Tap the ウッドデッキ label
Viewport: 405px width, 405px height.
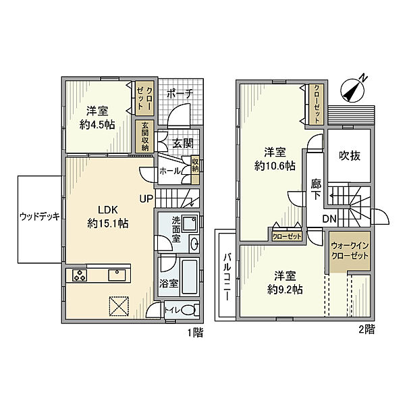(x=40, y=216)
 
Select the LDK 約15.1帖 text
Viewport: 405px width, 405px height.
(x=108, y=217)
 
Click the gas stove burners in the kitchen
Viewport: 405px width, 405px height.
(x=80, y=275)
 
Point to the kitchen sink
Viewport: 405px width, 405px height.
(x=117, y=275)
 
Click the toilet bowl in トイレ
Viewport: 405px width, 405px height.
(x=189, y=310)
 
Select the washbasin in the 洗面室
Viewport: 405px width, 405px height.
(x=194, y=243)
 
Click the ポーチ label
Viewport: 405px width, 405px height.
(x=180, y=94)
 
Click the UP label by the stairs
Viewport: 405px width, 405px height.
(x=146, y=198)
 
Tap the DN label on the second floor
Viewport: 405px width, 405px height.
(x=329, y=219)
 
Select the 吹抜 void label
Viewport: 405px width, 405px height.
(x=349, y=156)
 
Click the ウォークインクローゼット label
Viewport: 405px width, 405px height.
(x=350, y=250)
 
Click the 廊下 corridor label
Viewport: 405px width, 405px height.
(x=316, y=190)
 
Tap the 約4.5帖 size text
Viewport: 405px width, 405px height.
(x=97, y=125)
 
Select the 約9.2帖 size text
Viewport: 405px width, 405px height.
(x=285, y=290)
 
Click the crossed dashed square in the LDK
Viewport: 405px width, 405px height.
(x=119, y=306)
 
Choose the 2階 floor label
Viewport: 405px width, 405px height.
(x=367, y=329)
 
